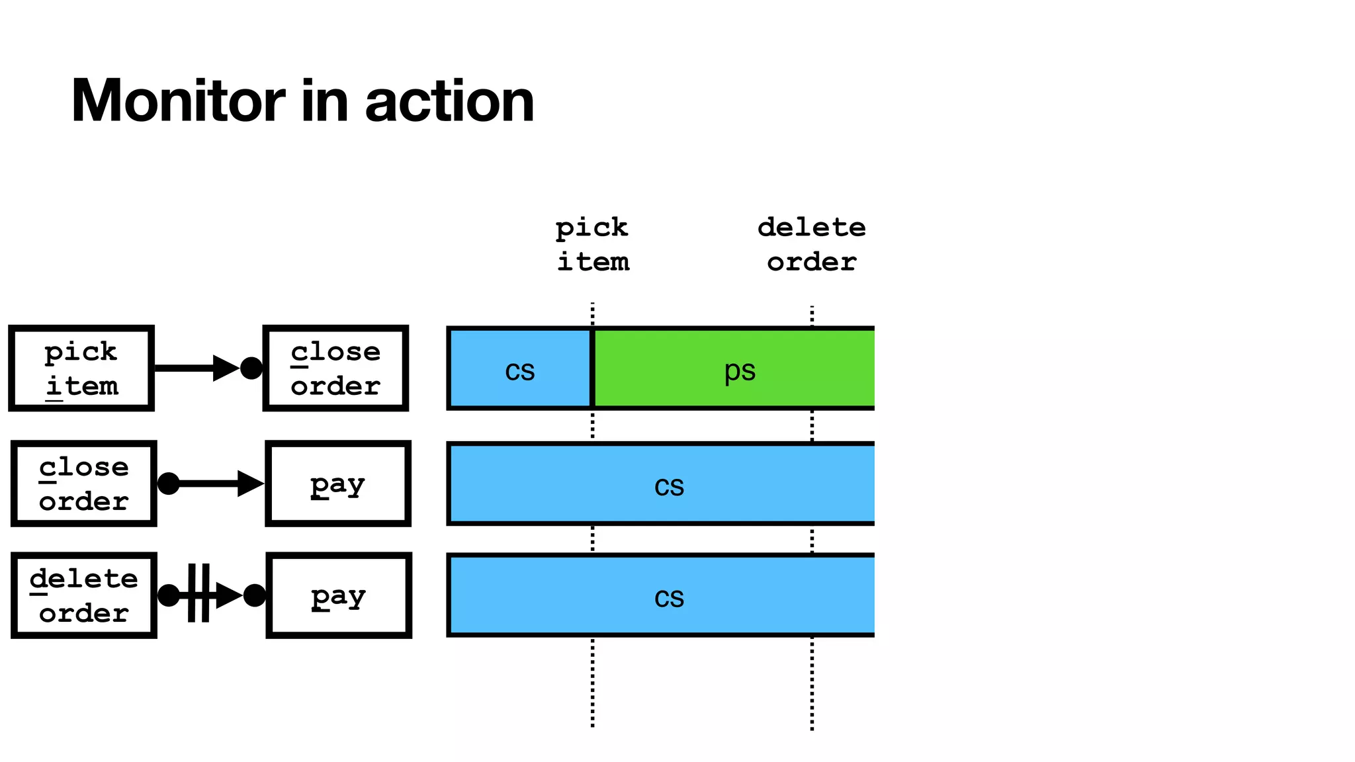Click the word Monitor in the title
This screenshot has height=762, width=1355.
coord(177,101)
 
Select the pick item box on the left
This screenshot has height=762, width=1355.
coord(81,368)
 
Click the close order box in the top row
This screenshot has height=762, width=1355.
coord(335,368)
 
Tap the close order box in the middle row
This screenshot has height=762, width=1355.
coord(83,484)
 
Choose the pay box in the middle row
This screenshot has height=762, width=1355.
coord(338,484)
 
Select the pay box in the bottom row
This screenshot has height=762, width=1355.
coord(339,595)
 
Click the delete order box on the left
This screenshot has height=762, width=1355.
coord(83,595)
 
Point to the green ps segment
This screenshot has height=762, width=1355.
coord(739,369)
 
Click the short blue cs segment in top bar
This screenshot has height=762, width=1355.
coord(519,369)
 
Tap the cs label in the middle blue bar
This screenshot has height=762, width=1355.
coord(669,486)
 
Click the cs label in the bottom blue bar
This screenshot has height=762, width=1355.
coord(669,597)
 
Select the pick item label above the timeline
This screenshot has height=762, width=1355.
coord(592,245)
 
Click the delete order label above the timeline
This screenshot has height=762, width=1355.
coord(812,245)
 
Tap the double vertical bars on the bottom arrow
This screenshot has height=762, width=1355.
coord(198,593)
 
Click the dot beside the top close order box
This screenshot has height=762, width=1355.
coord(251,368)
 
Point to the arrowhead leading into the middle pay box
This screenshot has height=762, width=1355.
coord(250,484)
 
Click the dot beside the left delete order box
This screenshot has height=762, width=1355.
coord(169,595)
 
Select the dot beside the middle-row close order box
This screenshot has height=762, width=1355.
coord(169,484)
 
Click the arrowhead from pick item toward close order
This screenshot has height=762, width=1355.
coord(225,368)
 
